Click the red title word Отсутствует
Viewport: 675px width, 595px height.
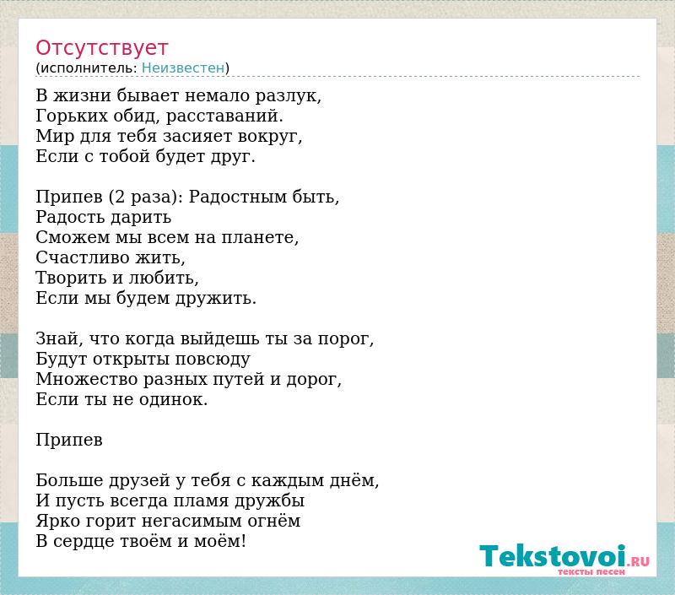coord(101,48)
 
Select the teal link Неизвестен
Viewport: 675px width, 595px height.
coord(183,68)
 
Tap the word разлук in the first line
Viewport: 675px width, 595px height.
coord(288,95)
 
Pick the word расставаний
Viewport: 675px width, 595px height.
coord(224,116)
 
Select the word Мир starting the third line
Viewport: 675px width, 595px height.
coord(49,136)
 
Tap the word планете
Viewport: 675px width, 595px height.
coord(260,237)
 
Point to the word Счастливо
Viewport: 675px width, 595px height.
coord(83,257)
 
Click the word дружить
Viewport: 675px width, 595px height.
coord(216,298)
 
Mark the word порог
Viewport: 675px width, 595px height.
coord(346,338)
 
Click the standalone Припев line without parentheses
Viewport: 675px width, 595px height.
coord(69,440)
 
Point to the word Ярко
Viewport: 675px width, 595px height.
coord(58,521)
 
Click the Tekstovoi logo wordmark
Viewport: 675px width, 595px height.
coord(553,555)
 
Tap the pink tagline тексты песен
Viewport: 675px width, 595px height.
coord(591,571)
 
